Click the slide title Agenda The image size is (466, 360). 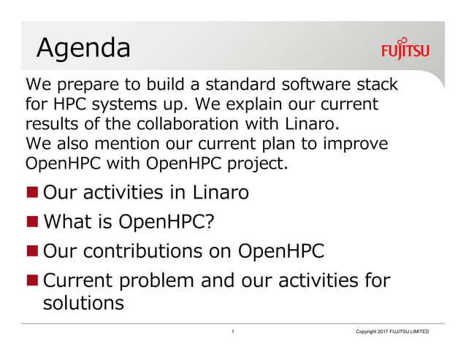click(83, 47)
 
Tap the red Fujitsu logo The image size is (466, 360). click(405, 50)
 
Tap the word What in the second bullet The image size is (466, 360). click(68, 221)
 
